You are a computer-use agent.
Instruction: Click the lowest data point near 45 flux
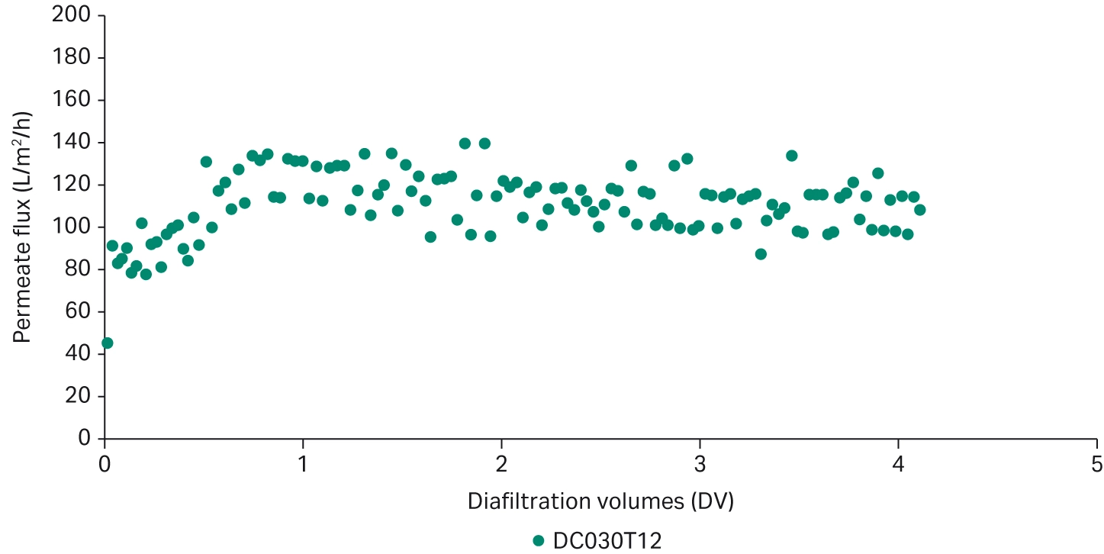[x=107, y=343]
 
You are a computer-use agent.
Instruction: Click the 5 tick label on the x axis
[x=1096, y=463]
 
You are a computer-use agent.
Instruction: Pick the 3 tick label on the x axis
[x=700, y=463]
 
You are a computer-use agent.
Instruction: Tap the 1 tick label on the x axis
[x=303, y=463]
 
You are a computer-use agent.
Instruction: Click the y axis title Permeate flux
[x=23, y=227]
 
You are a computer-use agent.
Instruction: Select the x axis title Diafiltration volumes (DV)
[x=600, y=501]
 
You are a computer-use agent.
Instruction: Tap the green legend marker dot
[x=539, y=541]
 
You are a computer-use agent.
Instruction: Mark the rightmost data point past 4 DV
[x=919, y=210]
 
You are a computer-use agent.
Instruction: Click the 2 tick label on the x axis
[x=501, y=463]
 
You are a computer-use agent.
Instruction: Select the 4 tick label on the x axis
[x=898, y=463]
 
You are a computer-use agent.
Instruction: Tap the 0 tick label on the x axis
[x=105, y=463]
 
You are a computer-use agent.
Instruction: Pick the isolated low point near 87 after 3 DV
[x=760, y=254]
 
